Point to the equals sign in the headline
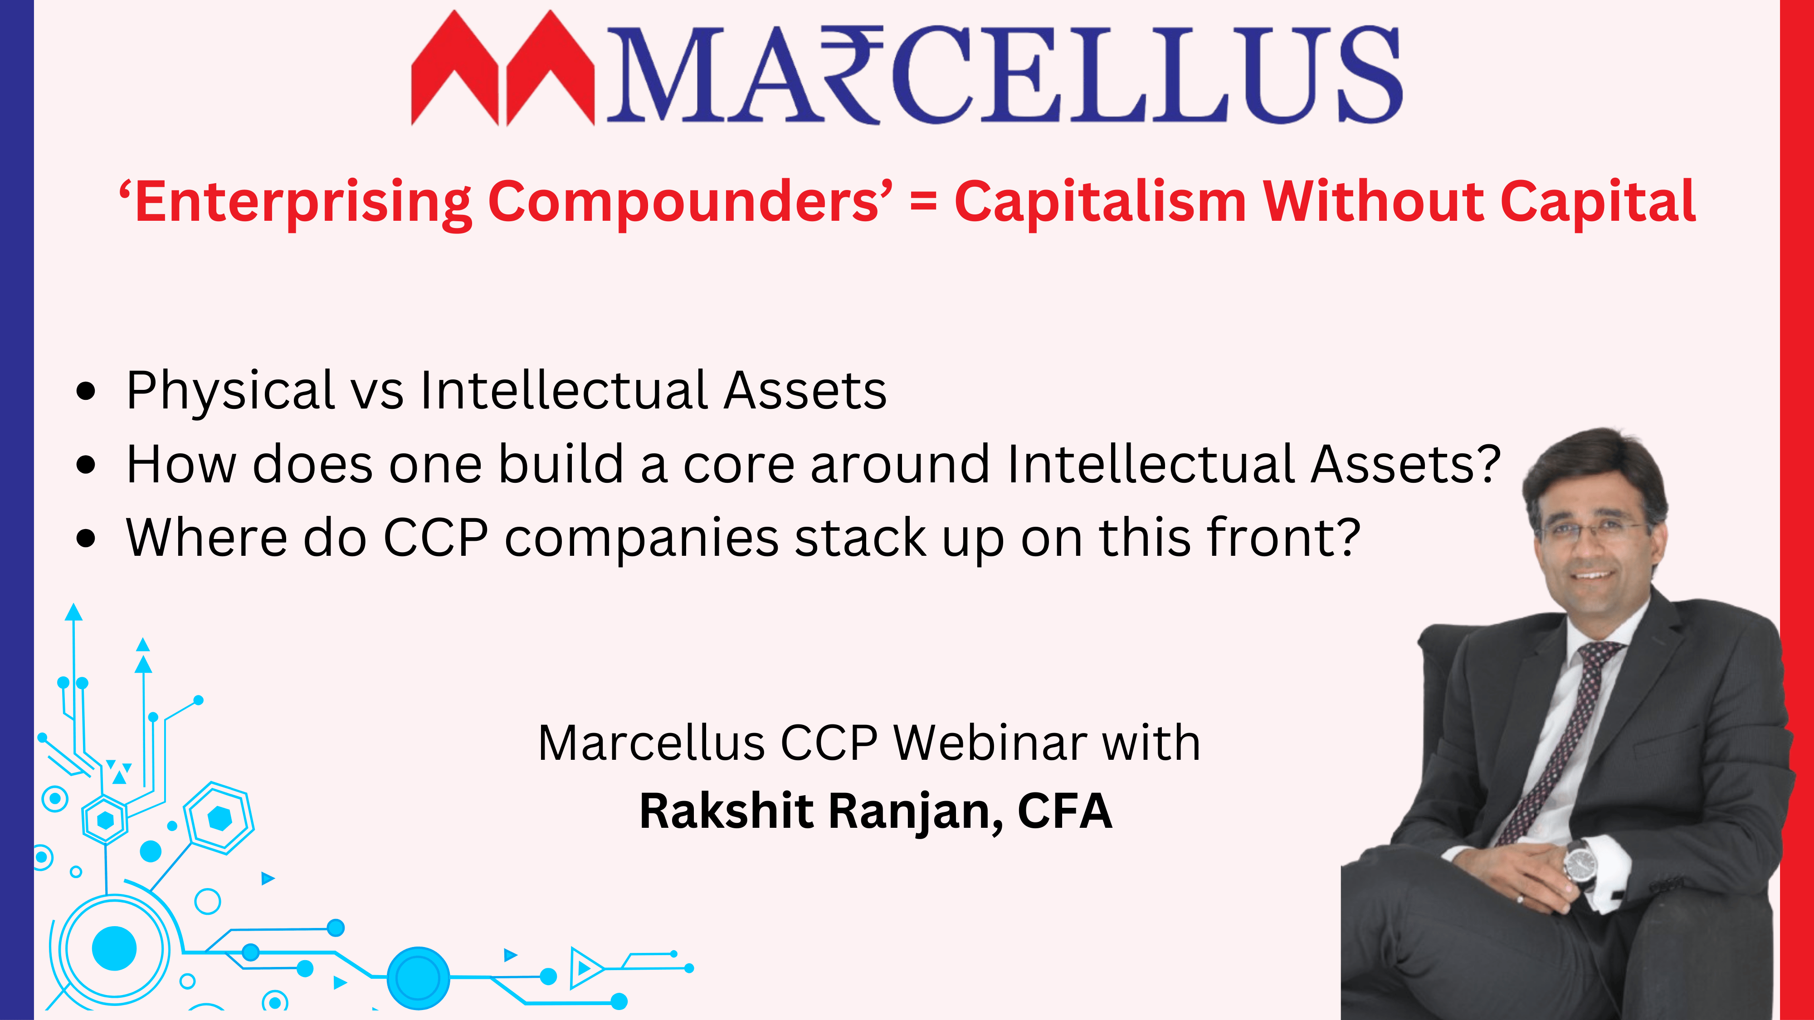(x=923, y=203)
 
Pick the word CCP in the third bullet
(x=436, y=538)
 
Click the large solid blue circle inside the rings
(x=114, y=948)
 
